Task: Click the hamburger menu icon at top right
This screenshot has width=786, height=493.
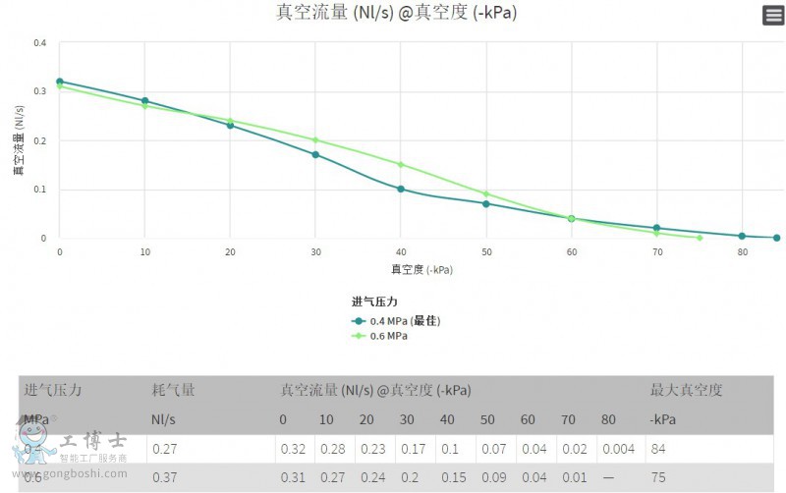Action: (x=773, y=15)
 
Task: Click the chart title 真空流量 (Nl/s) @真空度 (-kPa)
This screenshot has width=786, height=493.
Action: (x=396, y=13)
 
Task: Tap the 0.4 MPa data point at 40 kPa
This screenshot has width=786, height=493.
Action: (x=401, y=189)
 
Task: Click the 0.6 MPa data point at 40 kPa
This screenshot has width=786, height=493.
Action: (x=401, y=164)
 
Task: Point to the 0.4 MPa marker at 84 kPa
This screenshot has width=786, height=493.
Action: (x=776, y=238)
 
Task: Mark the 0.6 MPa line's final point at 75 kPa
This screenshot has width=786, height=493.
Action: (x=700, y=238)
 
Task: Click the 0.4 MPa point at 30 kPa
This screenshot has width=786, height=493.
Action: (x=315, y=154)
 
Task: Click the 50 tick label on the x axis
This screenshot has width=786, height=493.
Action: (x=485, y=252)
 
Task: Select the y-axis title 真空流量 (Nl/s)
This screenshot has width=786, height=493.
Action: (x=18, y=140)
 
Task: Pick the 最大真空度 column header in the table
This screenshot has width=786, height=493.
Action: (x=687, y=390)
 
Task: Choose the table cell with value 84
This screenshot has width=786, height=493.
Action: (x=657, y=449)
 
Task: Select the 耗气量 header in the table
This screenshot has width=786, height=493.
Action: (x=173, y=390)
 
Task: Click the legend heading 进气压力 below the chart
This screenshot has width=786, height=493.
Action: (x=373, y=301)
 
